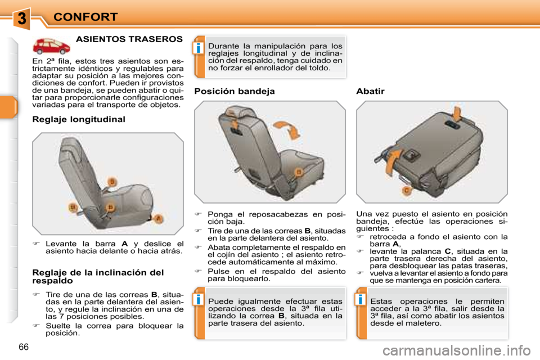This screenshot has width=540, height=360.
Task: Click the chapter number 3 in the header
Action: pyautogui.click(x=21, y=18)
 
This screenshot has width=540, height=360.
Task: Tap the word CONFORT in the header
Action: pyautogui.click(x=85, y=17)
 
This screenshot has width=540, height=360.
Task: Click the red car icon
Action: pyautogui.click(x=51, y=46)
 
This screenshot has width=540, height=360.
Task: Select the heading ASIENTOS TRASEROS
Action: pyautogui.click(x=129, y=39)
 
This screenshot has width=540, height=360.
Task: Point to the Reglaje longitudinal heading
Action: pyautogui.click(x=79, y=120)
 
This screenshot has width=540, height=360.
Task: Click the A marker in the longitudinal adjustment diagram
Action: pyautogui.click(x=158, y=218)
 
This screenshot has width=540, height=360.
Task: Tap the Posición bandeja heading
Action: pyautogui.click(x=235, y=91)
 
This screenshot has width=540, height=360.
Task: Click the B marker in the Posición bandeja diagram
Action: pyautogui.click(x=299, y=172)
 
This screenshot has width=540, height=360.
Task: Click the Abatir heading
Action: pyautogui.click(x=370, y=91)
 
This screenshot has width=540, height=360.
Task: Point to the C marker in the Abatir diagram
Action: pyautogui.click(x=407, y=190)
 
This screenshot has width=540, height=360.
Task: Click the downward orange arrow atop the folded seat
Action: pyautogui.click(x=457, y=114)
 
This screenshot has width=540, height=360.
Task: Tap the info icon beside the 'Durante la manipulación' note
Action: pyautogui.click(x=199, y=48)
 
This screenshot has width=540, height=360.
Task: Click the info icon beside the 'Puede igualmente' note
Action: pyautogui.click(x=199, y=299)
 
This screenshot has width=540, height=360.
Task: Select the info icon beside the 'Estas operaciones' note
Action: pyautogui.click(x=360, y=299)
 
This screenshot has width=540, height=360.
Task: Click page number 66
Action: pyautogui.click(x=24, y=347)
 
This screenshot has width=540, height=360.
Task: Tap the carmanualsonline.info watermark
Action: pyautogui.click(x=457, y=350)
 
